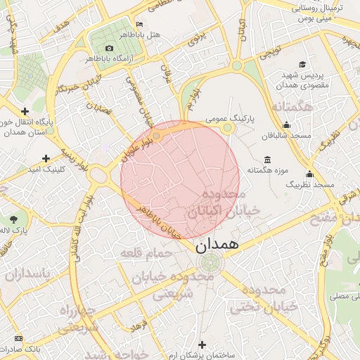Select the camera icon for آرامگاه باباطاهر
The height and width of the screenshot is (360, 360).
point(109,48)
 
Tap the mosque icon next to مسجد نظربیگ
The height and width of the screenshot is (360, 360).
point(309,174)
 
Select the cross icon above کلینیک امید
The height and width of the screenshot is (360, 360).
point(46,158)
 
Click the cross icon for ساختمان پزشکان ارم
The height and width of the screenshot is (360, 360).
point(202,344)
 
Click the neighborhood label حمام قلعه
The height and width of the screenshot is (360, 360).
point(141,252)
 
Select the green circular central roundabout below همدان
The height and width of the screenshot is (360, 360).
point(209,264)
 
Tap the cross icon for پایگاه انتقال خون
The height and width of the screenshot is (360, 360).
point(25,110)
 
